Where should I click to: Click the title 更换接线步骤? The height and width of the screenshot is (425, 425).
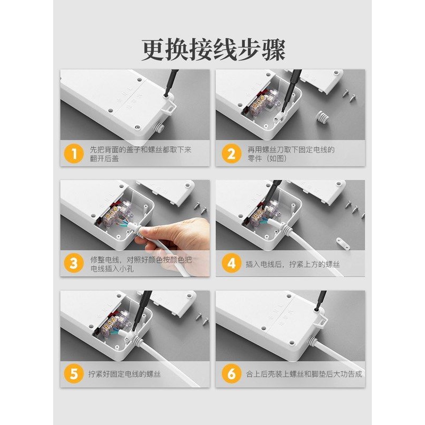[214, 50]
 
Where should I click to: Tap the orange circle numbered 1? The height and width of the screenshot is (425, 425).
[73, 154]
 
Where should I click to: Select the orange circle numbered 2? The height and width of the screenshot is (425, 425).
[231, 154]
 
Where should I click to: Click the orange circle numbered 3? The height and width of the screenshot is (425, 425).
[73, 263]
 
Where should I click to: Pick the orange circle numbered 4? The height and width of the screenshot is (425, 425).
[231, 263]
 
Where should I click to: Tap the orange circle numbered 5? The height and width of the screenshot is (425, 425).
[73, 374]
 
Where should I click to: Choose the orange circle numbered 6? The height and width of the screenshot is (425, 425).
[231, 374]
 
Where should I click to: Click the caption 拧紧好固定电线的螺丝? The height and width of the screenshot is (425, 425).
[124, 374]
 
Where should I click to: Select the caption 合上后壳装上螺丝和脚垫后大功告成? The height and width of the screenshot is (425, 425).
[304, 374]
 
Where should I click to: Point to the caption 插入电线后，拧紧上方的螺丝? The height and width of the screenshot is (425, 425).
[293, 264]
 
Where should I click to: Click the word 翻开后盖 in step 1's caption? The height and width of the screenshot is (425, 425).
[104, 158]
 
